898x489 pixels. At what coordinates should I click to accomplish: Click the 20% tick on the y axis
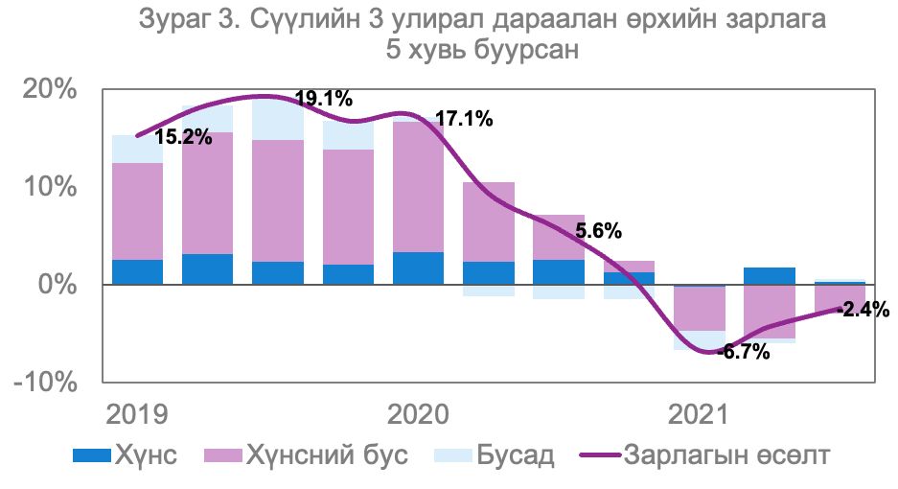pos(48,91)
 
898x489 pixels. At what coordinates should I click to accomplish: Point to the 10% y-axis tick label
pos(48,187)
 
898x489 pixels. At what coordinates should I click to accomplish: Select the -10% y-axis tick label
pos(43,382)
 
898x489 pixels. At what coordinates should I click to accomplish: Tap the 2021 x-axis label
pos(699,414)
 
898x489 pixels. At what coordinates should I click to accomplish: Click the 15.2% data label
pos(183,137)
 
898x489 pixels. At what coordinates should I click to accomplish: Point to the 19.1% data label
pos(323,98)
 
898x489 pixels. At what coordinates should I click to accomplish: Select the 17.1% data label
pos(464,120)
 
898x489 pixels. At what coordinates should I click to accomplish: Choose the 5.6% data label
pos(599,230)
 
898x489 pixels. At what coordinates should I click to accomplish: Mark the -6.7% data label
pos(741,352)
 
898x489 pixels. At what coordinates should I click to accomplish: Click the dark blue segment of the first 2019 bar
pos(137,272)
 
